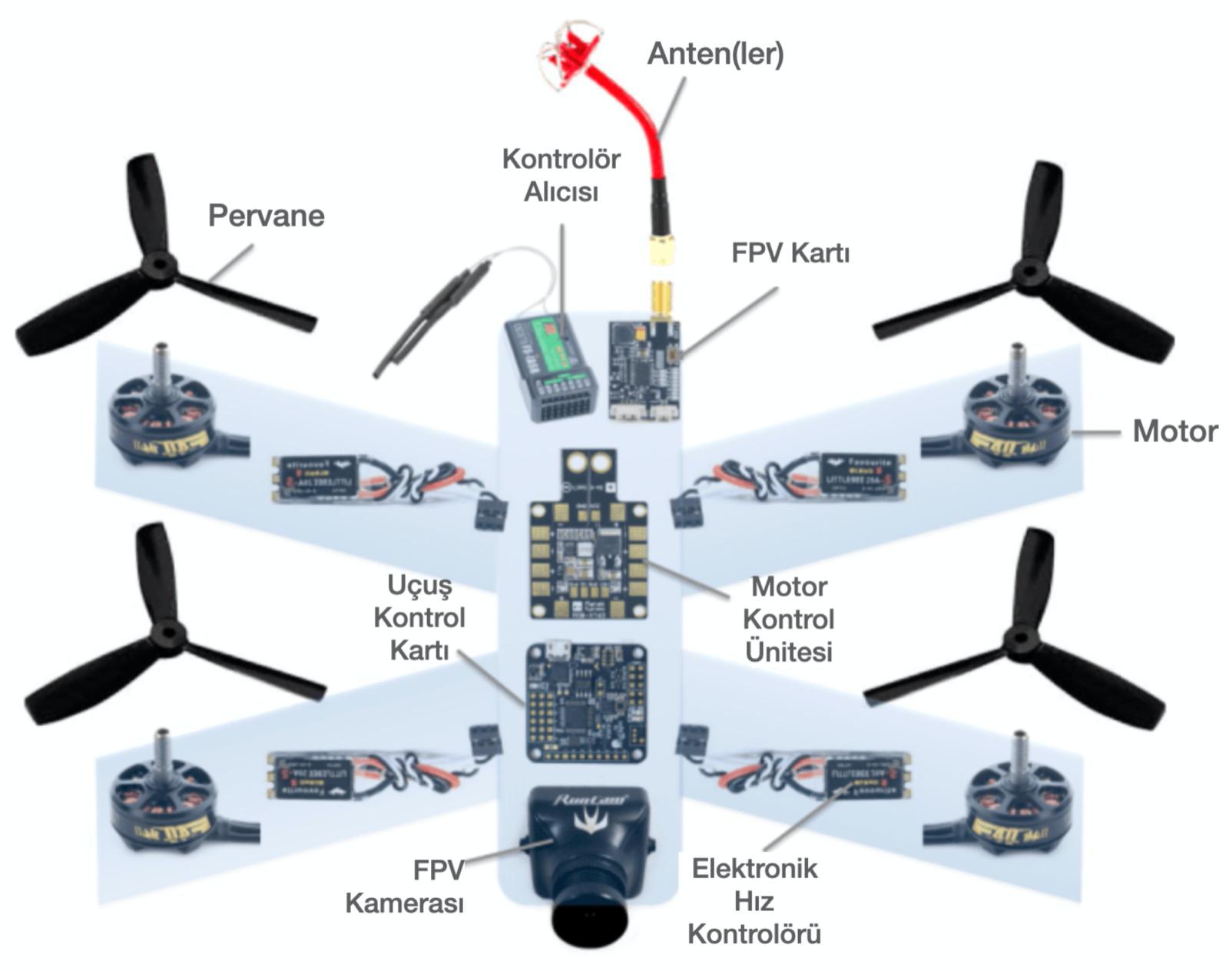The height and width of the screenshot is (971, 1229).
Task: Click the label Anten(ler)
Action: tap(715, 54)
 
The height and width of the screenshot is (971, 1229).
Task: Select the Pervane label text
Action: tap(266, 216)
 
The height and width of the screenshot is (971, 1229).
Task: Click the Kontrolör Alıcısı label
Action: tap(561, 175)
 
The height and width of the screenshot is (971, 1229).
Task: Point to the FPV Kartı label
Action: tap(790, 253)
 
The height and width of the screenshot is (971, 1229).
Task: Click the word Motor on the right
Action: tap(1174, 431)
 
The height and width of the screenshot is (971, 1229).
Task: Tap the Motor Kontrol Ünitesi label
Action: tap(789, 619)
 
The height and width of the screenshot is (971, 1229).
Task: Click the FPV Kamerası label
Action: tap(405, 887)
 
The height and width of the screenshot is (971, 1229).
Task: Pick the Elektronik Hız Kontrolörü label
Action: tap(754, 901)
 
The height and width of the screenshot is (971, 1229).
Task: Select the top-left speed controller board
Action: tap(314, 480)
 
